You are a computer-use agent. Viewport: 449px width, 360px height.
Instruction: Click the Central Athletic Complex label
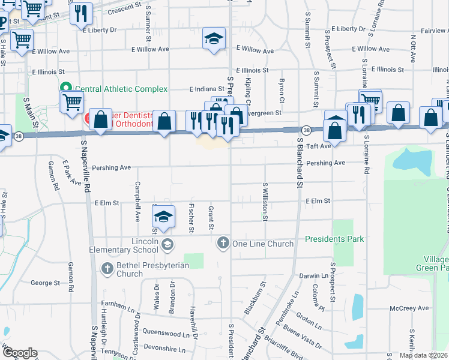click(121, 89)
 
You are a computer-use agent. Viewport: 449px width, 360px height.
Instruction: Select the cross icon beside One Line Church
click(223, 244)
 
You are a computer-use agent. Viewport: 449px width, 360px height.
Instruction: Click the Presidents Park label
click(334, 239)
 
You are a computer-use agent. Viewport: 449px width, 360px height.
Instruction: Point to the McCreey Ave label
click(409, 308)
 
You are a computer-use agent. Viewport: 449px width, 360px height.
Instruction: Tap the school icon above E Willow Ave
click(214, 38)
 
